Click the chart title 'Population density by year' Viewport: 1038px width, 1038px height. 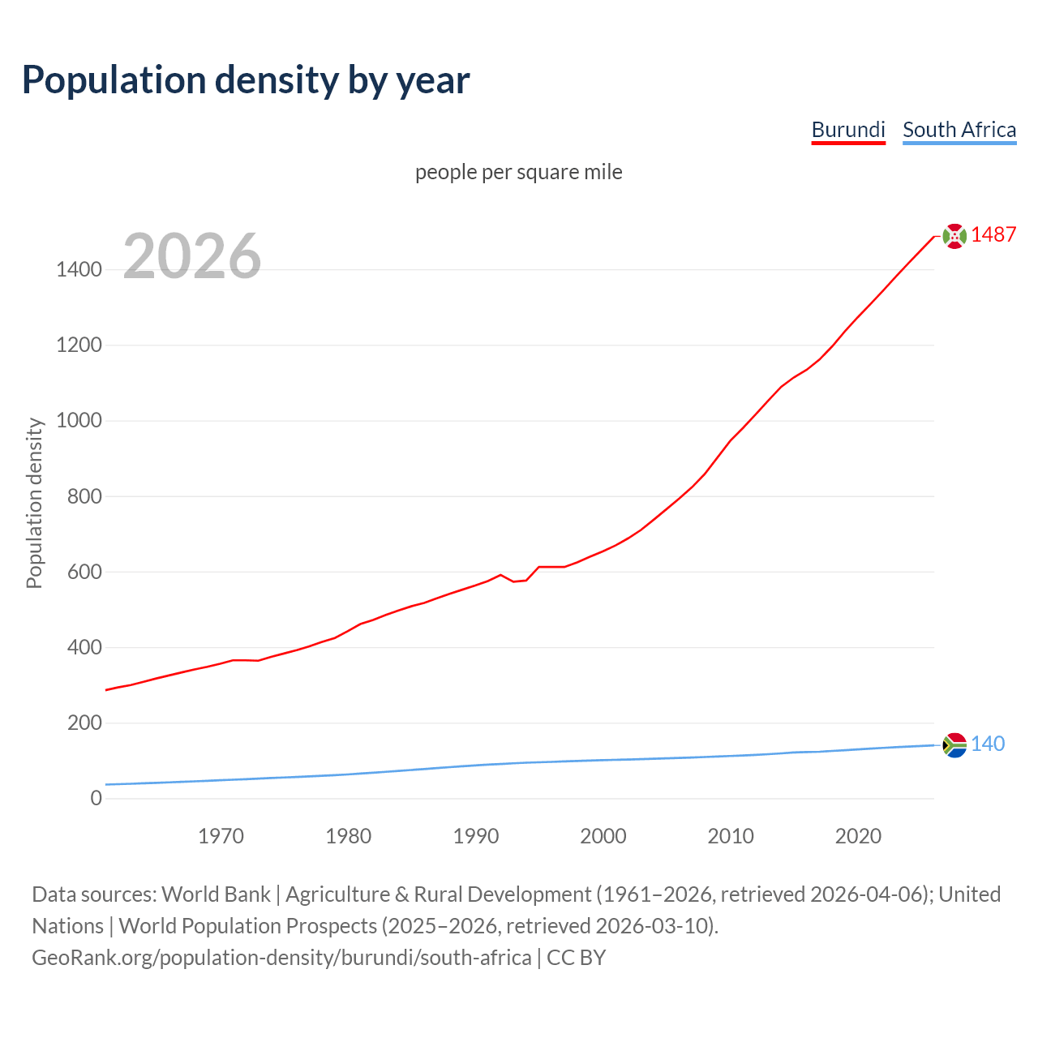pos(246,80)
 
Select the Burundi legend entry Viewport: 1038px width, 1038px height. pos(847,130)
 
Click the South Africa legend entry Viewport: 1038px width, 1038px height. pos(959,130)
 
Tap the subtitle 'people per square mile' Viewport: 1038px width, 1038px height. pos(518,173)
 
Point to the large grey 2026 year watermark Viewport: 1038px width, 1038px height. pos(192,256)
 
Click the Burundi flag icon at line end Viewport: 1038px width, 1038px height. pos(954,236)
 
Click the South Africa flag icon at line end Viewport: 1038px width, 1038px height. pos(954,744)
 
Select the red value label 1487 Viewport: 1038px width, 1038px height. pos(993,235)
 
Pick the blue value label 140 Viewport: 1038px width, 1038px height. pos(987,744)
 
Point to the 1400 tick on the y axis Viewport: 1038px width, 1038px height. pos(79,270)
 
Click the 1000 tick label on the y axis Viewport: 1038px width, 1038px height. pos(79,421)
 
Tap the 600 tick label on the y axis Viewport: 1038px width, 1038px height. pos(84,572)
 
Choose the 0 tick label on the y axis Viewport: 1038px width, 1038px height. pos(97,798)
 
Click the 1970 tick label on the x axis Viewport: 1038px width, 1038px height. pos(221,836)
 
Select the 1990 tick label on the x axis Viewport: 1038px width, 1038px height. pos(476,836)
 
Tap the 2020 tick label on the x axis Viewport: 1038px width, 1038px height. pos(858,836)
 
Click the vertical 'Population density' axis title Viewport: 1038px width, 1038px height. pos(34,503)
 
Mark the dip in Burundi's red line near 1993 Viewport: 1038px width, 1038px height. pos(514,581)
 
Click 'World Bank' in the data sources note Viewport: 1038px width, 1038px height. pos(216,894)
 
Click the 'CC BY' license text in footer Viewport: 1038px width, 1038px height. pos(576,958)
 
